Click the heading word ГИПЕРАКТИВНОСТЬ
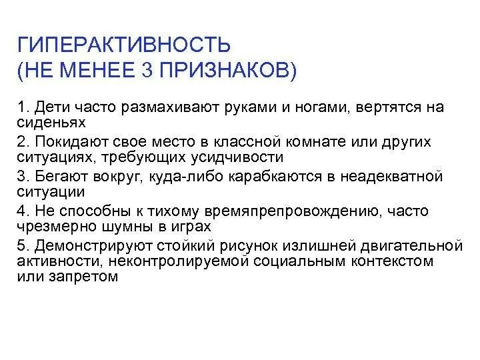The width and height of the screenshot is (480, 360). (x=124, y=46)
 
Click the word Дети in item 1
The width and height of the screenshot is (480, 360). (x=48, y=108)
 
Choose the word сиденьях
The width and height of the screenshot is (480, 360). (x=49, y=123)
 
